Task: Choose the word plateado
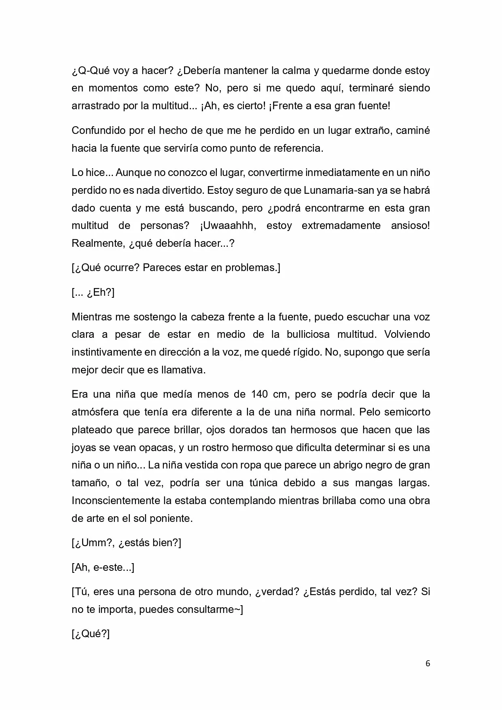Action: (x=91, y=430)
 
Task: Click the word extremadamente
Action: (x=341, y=225)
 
